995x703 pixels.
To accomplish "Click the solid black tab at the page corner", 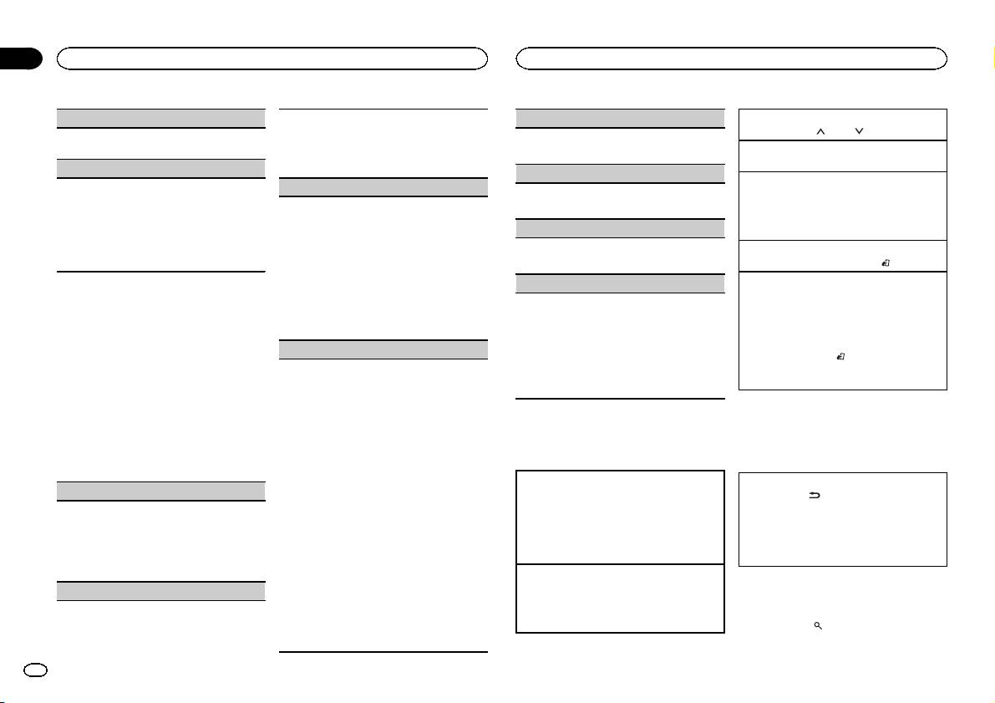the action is pos(20,59).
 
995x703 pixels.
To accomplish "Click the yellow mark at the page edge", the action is pos(992,59).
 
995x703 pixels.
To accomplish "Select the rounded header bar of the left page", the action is pos(272,58).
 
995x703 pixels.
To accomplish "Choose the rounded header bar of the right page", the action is pos(731,58).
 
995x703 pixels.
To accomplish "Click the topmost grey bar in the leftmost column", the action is pos(161,118).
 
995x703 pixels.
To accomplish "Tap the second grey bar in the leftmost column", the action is pos(161,168).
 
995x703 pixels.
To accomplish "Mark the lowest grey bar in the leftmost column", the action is pos(161,591).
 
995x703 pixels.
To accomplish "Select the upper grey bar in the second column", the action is pos(383,186).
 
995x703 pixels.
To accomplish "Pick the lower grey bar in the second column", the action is pos(383,349).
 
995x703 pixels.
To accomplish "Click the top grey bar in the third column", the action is pos(620,118).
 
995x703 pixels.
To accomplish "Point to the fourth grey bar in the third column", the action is pos(620,283).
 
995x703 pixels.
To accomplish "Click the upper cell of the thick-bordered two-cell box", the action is pos(620,517).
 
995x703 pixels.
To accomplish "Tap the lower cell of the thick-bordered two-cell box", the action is pos(620,598).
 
